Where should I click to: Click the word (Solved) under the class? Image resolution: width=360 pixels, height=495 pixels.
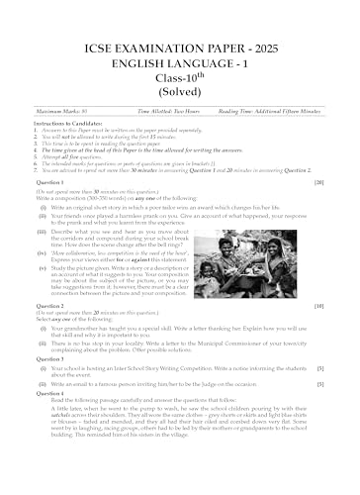pos(179,78)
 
